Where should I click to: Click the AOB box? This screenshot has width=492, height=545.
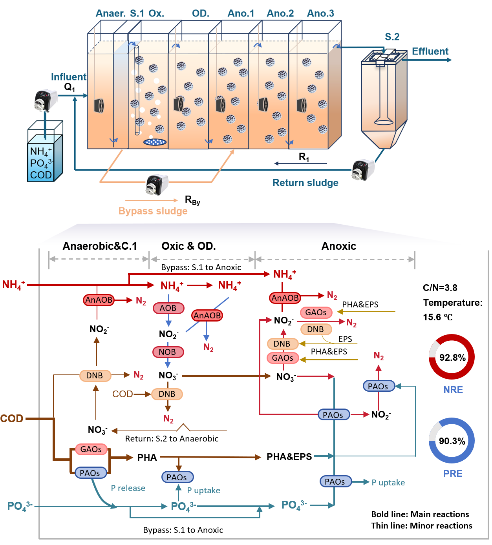tap(168, 308)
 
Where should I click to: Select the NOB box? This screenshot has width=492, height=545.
tap(168, 352)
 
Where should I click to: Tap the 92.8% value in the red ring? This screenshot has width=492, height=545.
tap(452, 357)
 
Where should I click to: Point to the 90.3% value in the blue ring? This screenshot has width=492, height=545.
tap(452, 441)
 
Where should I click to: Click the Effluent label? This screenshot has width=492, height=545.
tap(430, 51)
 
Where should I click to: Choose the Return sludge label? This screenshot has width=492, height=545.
tap(305, 183)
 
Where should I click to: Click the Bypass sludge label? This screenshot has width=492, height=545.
tap(153, 211)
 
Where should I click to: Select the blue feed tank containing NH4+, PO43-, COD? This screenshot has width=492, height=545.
tap(45, 151)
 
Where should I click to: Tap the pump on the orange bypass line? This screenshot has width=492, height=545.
tap(157, 184)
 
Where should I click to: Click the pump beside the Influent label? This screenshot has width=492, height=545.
tap(46, 100)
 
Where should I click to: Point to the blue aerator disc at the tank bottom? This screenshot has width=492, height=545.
tap(155, 142)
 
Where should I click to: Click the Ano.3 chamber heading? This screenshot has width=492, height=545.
tap(320, 13)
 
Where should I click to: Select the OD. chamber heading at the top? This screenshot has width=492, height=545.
tap(201, 13)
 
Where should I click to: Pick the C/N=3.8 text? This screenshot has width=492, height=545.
tap(440, 288)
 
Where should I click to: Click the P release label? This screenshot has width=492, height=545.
tap(128, 488)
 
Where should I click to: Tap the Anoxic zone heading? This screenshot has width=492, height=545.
tap(338, 246)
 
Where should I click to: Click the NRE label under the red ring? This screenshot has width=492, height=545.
tap(453, 390)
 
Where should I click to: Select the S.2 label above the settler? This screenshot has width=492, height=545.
tap(392, 37)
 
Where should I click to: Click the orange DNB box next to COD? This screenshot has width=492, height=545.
tap(167, 394)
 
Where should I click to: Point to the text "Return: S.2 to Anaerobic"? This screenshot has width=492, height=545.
tap(172, 438)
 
